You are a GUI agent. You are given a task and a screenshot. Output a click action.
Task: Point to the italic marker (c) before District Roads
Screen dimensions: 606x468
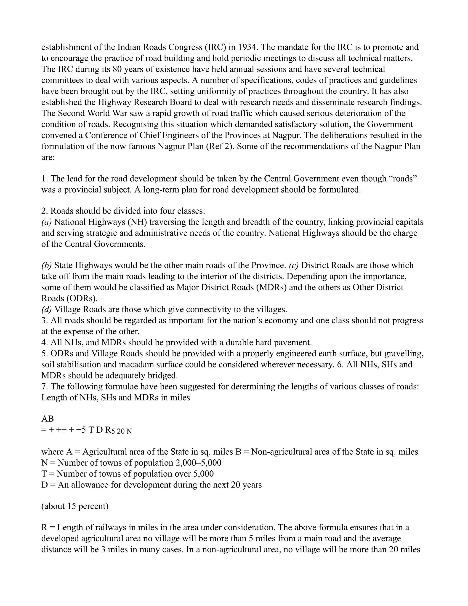[x=294, y=265]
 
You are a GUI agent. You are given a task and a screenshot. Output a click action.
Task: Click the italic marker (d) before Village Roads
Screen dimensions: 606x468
[x=47, y=309]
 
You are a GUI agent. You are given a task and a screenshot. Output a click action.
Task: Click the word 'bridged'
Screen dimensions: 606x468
[x=161, y=375]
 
